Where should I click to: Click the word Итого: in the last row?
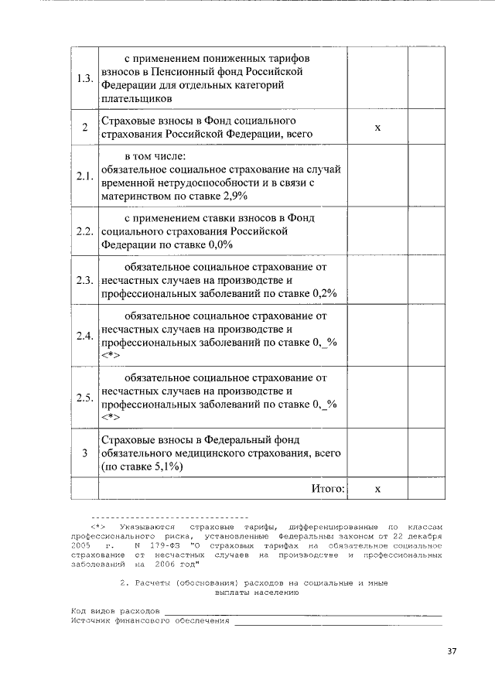328,489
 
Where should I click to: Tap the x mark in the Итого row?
377,490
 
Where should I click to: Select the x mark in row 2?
377,128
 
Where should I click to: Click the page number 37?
452,651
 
